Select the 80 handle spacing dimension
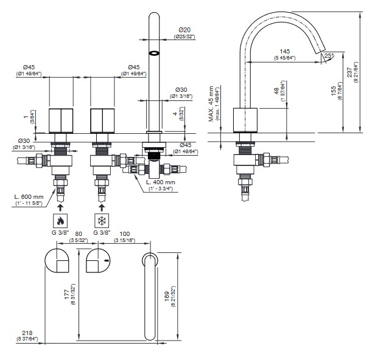78,232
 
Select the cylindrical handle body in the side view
247,120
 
